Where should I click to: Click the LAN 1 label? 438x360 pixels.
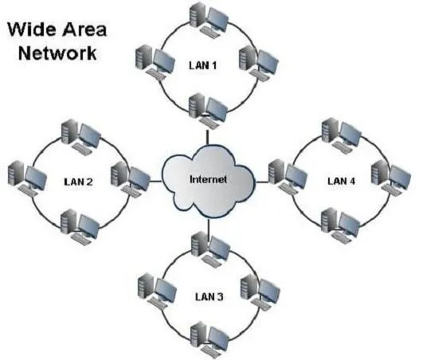point(203,65)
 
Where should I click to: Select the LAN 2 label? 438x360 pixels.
point(78,182)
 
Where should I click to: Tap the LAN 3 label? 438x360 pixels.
point(209,296)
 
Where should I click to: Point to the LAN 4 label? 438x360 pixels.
point(342,181)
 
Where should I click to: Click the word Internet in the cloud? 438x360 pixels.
point(208,179)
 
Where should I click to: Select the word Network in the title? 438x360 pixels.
point(57,53)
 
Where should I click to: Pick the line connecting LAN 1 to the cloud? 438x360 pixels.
point(208,137)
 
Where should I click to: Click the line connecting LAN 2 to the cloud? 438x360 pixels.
point(155,182)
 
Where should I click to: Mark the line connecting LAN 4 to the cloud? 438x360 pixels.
point(262,182)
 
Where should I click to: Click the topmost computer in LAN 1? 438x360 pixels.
point(209,19)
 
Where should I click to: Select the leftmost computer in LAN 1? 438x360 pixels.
point(155,62)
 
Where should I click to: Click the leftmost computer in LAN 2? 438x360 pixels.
point(27,178)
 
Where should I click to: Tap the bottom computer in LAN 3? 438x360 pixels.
point(210,339)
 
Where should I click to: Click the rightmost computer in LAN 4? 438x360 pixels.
point(391,178)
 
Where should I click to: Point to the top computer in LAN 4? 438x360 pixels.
point(342,135)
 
